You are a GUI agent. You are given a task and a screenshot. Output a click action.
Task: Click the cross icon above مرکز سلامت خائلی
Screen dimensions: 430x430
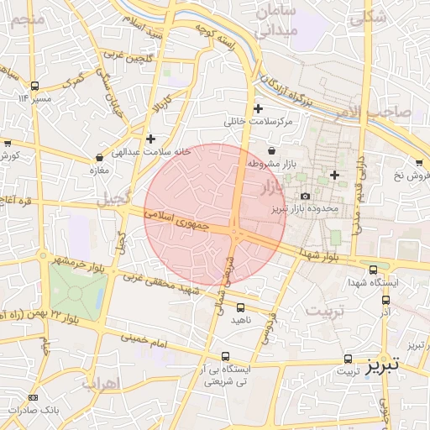click(258, 108)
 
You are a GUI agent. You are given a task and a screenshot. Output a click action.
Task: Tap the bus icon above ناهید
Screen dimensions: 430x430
click(241, 307)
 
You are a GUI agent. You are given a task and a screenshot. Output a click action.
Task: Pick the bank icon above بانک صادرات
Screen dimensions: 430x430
click(34, 397)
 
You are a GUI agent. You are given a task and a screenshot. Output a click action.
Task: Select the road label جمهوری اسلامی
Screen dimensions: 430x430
click(180, 222)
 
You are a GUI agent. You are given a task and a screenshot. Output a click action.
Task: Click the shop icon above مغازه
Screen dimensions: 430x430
click(100, 156)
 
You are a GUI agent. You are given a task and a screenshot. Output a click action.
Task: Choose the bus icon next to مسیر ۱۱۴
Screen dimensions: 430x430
click(34, 86)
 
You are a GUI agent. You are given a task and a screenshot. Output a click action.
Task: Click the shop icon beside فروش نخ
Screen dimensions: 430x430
click(418, 162)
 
